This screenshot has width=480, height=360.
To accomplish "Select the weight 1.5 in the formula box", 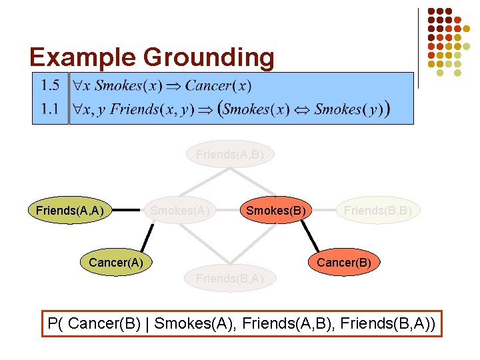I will pyautogui.click(x=50, y=85).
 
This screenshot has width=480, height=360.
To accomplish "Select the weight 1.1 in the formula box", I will pyautogui.click(x=50, y=108).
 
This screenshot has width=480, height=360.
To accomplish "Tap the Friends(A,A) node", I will pyautogui.click(x=69, y=211).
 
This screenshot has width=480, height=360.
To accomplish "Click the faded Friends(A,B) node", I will pyautogui.click(x=229, y=155).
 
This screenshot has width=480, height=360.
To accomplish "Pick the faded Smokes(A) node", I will pyautogui.click(x=180, y=211).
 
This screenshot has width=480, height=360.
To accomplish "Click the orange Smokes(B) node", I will pyautogui.click(x=276, y=211).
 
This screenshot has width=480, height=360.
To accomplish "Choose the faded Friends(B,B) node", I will pyautogui.click(x=377, y=211).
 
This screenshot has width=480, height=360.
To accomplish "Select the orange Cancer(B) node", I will pyautogui.click(x=344, y=263).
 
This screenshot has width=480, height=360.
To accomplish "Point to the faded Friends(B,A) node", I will pyautogui.click(x=229, y=278).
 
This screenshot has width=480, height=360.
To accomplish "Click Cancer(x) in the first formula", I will pyautogui.click(x=218, y=85).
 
